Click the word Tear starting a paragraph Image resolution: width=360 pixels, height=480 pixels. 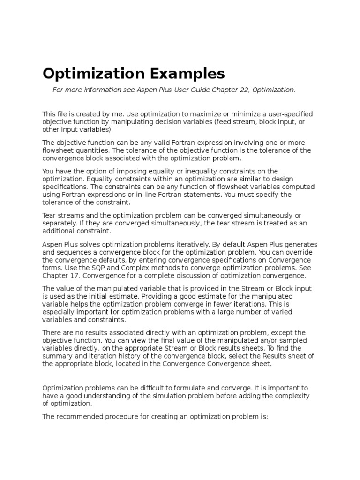[x=50, y=216]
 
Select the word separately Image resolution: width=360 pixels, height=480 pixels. [x=59, y=224]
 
